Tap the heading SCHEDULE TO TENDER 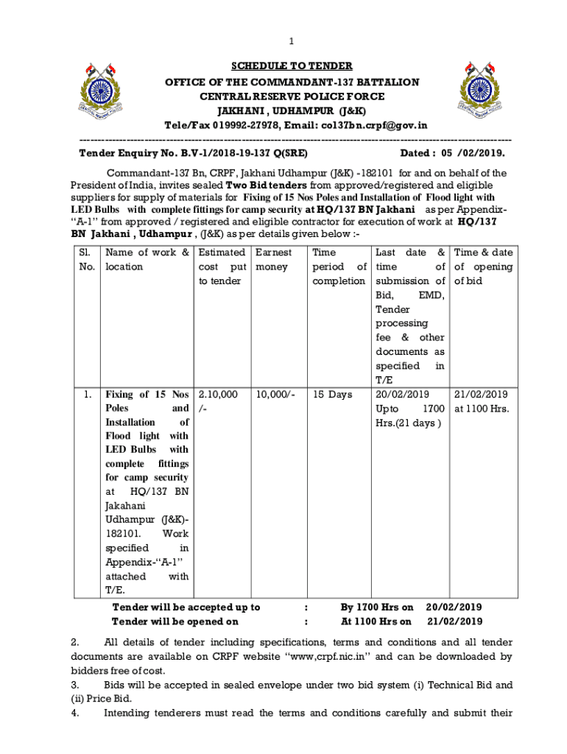[x=292, y=66]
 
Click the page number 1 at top [x=291, y=40]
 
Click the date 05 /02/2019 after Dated [x=473, y=153]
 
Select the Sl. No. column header [x=87, y=259]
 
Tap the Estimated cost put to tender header [x=222, y=267]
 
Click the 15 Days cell [x=332, y=395]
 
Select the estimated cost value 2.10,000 [x=219, y=395]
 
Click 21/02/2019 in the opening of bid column [x=481, y=395]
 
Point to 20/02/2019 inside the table [x=402, y=395]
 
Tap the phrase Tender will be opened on [x=179, y=621]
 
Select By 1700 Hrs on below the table [x=377, y=607]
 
